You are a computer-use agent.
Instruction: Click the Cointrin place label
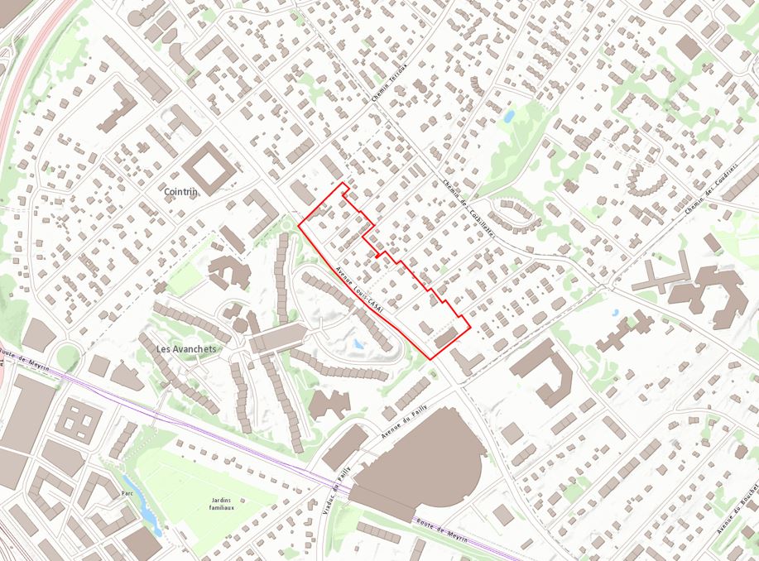pos(182,192)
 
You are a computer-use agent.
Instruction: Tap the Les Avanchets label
pos(186,349)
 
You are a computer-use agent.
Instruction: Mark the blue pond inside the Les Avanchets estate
pos(358,343)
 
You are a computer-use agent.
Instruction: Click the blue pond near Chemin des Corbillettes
pos(508,115)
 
